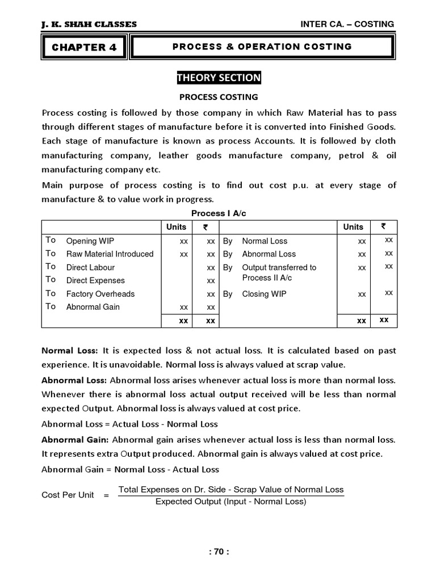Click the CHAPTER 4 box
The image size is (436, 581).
[x=84, y=47]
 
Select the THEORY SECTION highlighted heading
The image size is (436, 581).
[x=219, y=78]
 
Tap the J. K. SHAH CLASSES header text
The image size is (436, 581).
[x=89, y=24]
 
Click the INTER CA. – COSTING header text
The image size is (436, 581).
[x=347, y=24]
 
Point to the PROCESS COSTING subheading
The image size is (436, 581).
[x=219, y=97]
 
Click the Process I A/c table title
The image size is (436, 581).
[x=219, y=213]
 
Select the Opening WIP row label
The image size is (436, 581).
[x=90, y=241]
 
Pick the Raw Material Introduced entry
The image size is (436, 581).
[x=110, y=254]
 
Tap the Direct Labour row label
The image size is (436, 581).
[x=90, y=267]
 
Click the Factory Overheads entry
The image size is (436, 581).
[x=100, y=294]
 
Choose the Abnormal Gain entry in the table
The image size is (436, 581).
[x=93, y=307]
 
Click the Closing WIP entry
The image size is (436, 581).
[x=264, y=294]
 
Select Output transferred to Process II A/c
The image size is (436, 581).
[x=279, y=272]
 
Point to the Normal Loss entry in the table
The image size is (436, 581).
[x=265, y=241]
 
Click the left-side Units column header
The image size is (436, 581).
[x=176, y=226]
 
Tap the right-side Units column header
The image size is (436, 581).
[x=353, y=226]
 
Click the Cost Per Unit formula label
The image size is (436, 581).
[x=68, y=495]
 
